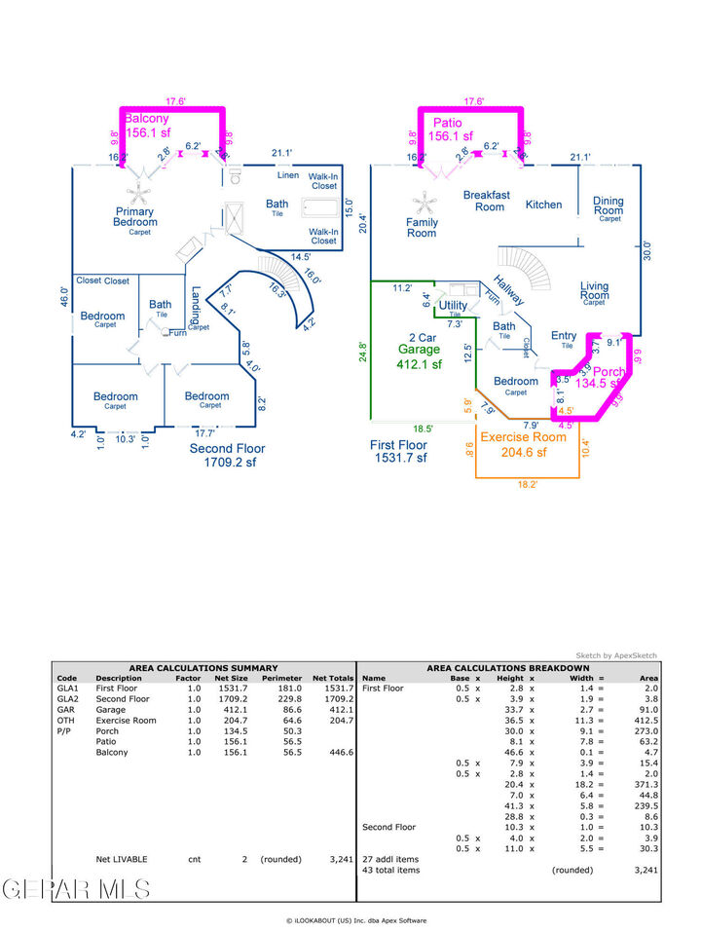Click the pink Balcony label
tap(147, 119)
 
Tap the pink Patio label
tap(448, 123)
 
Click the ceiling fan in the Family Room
tap(424, 204)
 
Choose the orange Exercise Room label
tap(524, 437)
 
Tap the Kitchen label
tap(543, 205)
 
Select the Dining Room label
tap(609, 205)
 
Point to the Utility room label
tap(454, 305)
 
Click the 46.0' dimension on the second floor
tap(64, 297)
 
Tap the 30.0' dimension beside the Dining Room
tap(649, 249)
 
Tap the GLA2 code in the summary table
tap(67, 698)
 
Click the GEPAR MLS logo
tap(76, 888)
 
